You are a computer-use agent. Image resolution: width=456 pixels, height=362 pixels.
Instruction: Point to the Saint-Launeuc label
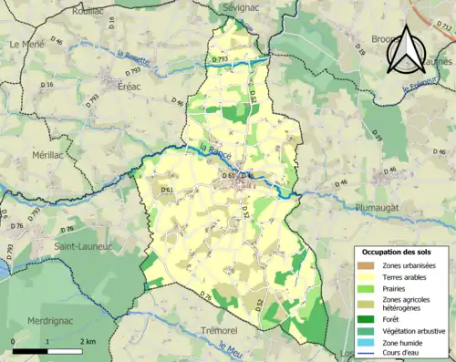(x=82, y=245)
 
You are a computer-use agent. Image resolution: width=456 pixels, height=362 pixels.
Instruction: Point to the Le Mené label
(x=26, y=44)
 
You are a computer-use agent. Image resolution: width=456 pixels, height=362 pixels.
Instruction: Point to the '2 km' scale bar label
(x=88, y=341)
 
